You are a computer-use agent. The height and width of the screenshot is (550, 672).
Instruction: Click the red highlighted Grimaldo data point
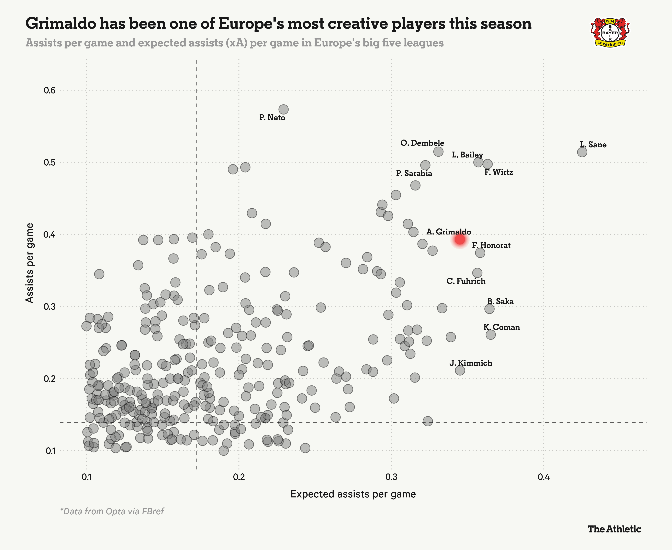[460, 240]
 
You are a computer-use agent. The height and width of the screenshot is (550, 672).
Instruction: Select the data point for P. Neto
[283, 110]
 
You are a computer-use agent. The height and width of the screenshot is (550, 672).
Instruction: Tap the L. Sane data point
[582, 152]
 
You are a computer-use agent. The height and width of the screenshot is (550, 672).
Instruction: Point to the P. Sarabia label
[414, 173]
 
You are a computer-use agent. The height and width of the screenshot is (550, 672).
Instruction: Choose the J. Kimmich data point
[460, 370]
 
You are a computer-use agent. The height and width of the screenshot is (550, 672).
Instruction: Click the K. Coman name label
[502, 327]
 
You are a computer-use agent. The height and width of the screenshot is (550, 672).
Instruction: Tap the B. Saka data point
[489, 309]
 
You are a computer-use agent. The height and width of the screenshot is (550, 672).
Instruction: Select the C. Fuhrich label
[466, 281]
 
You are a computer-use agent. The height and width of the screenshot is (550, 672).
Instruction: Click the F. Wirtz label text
[499, 172]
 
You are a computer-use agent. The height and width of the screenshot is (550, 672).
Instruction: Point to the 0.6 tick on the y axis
[49, 91]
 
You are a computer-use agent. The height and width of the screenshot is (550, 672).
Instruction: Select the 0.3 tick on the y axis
[49, 307]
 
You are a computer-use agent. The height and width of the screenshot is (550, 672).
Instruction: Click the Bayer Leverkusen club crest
[610, 33]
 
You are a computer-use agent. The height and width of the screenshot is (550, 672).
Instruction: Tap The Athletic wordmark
[614, 529]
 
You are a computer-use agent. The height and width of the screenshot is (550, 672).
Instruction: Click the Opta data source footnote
[112, 511]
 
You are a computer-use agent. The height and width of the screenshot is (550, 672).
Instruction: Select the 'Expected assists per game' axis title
[353, 494]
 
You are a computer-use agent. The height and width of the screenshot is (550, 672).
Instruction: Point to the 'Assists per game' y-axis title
[30, 263]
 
